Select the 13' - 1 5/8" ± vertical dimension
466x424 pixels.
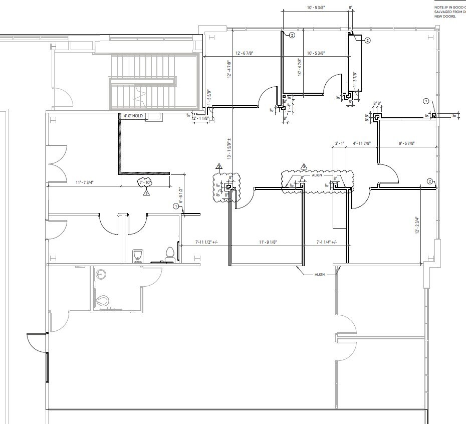click(228, 148)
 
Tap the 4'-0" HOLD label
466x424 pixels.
click(134, 116)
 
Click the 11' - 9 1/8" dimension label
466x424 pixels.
click(268, 243)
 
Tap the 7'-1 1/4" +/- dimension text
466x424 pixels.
click(326, 243)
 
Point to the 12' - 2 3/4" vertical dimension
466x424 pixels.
click(416, 225)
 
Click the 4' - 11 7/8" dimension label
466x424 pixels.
click(361, 144)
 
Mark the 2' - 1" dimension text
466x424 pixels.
click(339, 144)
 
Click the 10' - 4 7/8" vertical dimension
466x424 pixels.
click(299, 66)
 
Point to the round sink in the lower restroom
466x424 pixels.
click(102, 274)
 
